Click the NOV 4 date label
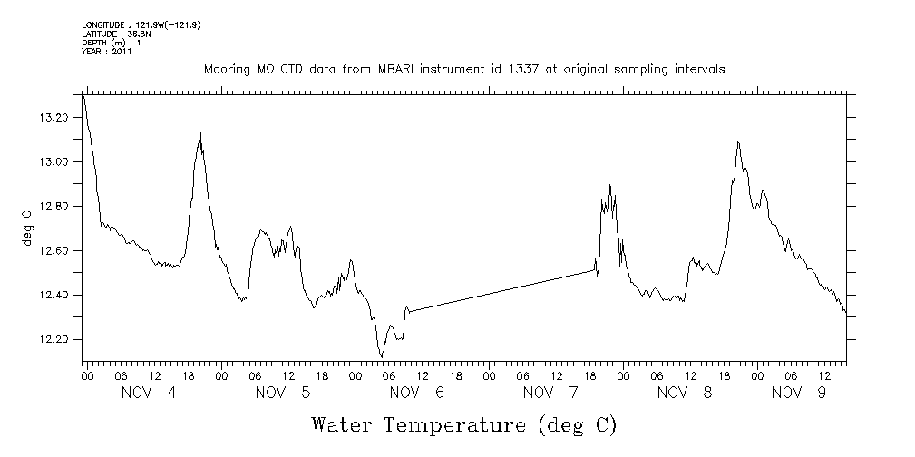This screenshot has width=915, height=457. (149, 393)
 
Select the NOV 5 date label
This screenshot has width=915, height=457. (283, 393)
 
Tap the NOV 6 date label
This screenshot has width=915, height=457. (417, 393)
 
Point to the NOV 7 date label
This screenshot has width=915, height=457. (551, 393)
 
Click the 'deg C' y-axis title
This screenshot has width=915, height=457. (26, 227)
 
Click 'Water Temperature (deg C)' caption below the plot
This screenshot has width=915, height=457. (464, 425)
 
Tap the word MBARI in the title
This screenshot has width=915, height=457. (392, 70)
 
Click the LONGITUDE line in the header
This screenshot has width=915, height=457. (141, 24)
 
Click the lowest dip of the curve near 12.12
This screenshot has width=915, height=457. (382, 356)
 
